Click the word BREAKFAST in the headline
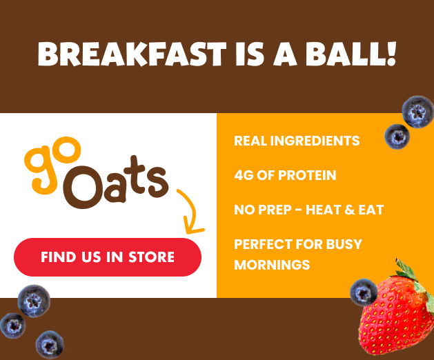132,54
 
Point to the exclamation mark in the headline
391,54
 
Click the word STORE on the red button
151,257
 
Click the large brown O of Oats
82,188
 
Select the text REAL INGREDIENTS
297,141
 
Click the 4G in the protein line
244,175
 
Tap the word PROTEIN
307,175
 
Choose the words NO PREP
263,210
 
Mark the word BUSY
344,244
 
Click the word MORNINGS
272,265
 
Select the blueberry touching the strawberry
364,292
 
